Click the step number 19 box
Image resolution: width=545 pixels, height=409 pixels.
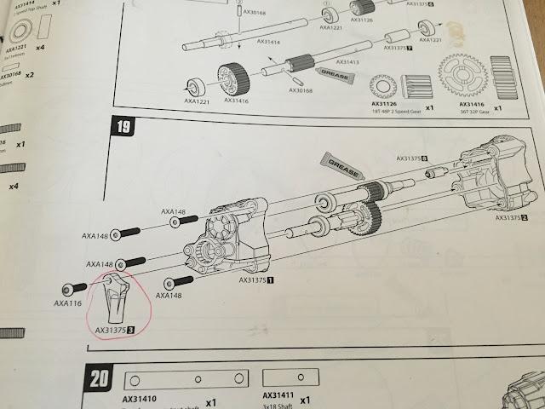[124, 129]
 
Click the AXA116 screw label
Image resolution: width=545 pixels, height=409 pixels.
[67, 302]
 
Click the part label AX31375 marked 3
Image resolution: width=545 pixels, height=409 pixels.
[115, 330]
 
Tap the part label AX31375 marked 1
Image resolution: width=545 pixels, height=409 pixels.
[256, 279]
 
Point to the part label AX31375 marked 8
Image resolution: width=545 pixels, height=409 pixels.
[411, 158]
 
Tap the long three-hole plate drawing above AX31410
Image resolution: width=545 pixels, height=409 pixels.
[186, 380]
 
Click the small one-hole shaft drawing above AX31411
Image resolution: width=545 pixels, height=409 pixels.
[290, 378]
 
